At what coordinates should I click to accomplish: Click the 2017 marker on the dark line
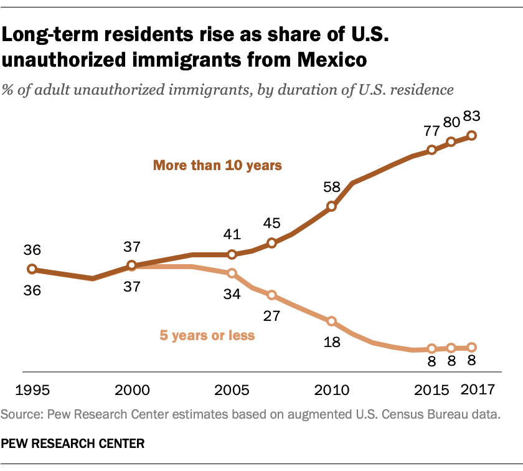tap(472, 135)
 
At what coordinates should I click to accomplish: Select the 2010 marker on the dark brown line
tap(332, 206)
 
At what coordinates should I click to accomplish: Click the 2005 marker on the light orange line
tap(232, 273)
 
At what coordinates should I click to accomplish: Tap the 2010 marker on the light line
tap(332, 321)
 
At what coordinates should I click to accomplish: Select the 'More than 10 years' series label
tap(218, 166)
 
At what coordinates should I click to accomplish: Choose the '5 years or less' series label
tap(207, 335)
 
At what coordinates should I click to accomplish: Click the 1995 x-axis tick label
tap(33, 391)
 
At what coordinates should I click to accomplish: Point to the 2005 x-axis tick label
tap(232, 391)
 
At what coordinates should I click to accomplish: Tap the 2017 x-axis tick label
tap(477, 391)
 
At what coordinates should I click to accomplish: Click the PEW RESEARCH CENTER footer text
tap(74, 444)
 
